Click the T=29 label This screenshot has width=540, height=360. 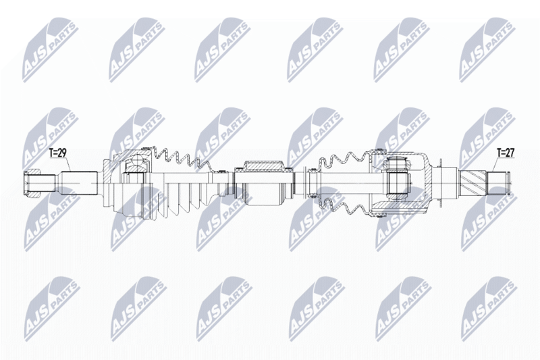point(58,153)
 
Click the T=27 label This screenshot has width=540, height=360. point(506,153)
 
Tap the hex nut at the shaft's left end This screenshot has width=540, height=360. point(32,184)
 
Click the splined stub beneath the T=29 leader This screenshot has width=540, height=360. point(79,184)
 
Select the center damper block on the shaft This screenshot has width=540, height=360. point(263,183)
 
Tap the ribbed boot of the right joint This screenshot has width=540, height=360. point(344,183)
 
